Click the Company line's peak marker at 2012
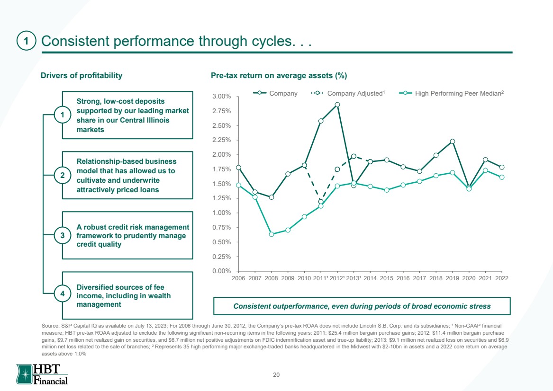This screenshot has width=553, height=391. point(337,105)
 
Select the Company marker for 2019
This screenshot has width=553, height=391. point(453,141)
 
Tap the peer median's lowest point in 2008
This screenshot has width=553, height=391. point(271,234)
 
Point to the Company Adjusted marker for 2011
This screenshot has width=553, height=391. point(321,202)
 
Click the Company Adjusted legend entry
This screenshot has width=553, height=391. point(348,93)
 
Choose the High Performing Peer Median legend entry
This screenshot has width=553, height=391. point(452,93)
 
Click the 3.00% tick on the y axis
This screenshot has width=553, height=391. point(221,96)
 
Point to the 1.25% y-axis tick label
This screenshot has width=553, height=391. point(221,198)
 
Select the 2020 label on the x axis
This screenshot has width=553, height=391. point(469,278)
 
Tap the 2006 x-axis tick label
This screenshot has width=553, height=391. point(238,278)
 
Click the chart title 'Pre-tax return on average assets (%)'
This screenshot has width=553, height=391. point(279,76)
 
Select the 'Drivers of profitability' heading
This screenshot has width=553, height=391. point(82,76)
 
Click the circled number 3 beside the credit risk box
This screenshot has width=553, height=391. point(63,235)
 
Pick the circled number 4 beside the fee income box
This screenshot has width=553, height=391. point(63,293)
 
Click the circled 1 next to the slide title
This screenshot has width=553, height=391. point(26,41)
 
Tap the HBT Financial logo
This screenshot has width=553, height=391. point(42,374)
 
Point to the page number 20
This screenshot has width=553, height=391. point(276,375)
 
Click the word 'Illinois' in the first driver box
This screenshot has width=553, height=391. point(158,120)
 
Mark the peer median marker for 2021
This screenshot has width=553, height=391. point(485,170)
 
